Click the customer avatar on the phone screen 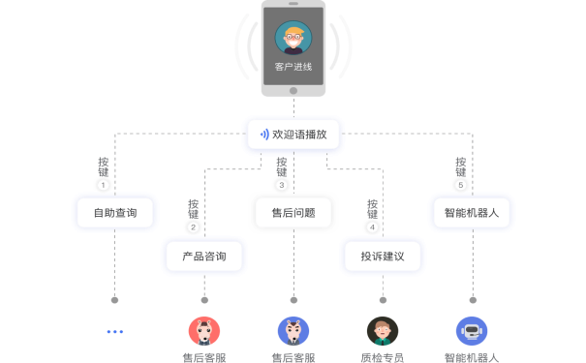pyautogui.click(x=293, y=39)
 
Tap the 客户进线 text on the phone pyautogui.click(x=293, y=67)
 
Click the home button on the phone pyautogui.click(x=293, y=90)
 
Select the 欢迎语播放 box pyautogui.click(x=293, y=135)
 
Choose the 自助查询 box pyautogui.click(x=114, y=212)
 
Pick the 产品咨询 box pyautogui.click(x=203, y=257)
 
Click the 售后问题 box pyautogui.click(x=293, y=212)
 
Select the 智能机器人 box pyautogui.click(x=471, y=212)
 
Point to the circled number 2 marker pyautogui.click(x=193, y=228)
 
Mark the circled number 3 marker pyautogui.click(x=282, y=185)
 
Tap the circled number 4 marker pyautogui.click(x=372, y=228)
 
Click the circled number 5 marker pyautogui.click(x=460, y=185)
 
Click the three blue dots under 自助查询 pyautogui.click(x=115, y=332)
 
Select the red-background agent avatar pyautogui.click(x=203, y=332)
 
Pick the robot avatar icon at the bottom pyautogui.click(x=472, y=332)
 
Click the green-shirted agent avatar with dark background pyautogui.click(x=382, y=332)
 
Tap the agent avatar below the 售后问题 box pyautogui.click(x=293, y=332)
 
